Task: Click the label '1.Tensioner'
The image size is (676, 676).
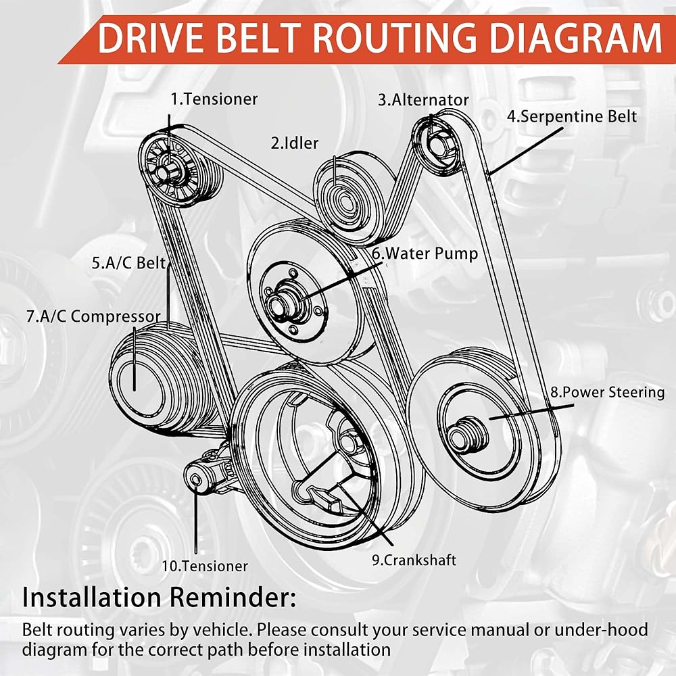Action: point(214,99)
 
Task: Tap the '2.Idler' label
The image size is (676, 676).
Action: point(295,143)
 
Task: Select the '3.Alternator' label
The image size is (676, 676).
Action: point(423,100)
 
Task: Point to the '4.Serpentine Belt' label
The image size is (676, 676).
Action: point(572,116)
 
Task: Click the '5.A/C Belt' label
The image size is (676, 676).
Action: point(129,262)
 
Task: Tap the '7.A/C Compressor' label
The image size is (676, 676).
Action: point(93,316)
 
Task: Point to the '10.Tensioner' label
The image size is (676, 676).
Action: point(205,566)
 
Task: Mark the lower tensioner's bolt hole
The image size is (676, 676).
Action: point(196,479)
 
